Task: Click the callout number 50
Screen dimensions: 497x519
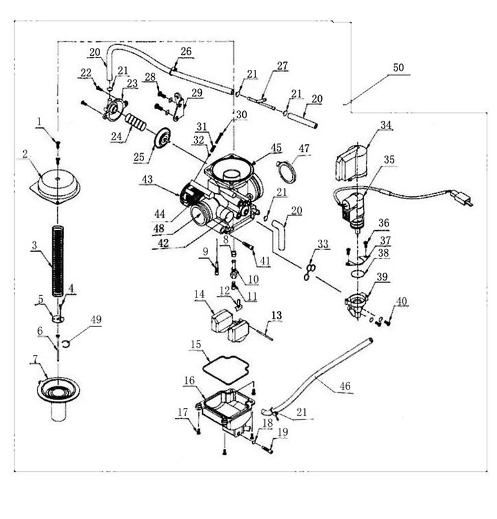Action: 398,67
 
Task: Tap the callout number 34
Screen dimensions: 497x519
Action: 386,125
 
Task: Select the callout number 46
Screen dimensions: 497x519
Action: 345,386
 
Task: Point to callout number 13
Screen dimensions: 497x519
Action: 277,315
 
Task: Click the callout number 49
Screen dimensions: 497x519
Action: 96,320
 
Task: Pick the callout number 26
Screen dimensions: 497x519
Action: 186,51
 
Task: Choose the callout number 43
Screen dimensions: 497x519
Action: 147,180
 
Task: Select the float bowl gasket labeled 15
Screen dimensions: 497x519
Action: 226,370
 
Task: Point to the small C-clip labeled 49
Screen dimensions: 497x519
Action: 65,344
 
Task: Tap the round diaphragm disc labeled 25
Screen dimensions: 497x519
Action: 162,140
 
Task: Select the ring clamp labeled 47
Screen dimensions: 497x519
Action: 287,171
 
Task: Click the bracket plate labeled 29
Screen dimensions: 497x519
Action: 179,106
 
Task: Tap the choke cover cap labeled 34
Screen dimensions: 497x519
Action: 352,162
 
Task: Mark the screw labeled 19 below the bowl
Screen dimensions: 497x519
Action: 268,449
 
